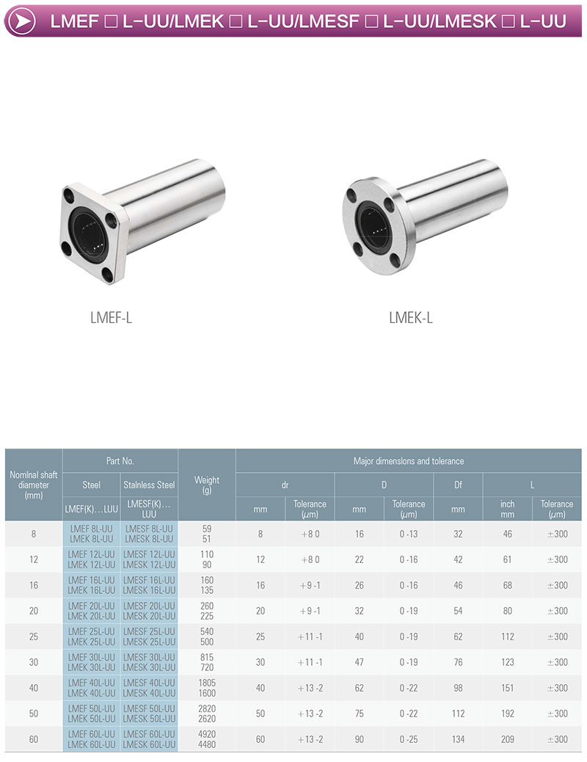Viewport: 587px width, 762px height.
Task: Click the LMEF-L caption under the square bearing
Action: [x=111, y=318]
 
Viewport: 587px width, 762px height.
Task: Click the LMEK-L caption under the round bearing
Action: [x=411, y=318]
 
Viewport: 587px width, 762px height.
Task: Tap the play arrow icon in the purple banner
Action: [x=22, y=21]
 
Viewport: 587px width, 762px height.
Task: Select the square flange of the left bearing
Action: [x=93, y=233]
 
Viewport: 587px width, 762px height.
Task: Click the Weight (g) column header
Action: [x=206, y=485]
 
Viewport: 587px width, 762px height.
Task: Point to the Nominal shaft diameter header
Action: [x=34, y=485]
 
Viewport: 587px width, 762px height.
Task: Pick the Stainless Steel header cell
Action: [x=149, y=485]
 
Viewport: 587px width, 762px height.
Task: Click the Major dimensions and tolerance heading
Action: [x=408, y=461]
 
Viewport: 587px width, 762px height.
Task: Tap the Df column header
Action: [x=458, y=485]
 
